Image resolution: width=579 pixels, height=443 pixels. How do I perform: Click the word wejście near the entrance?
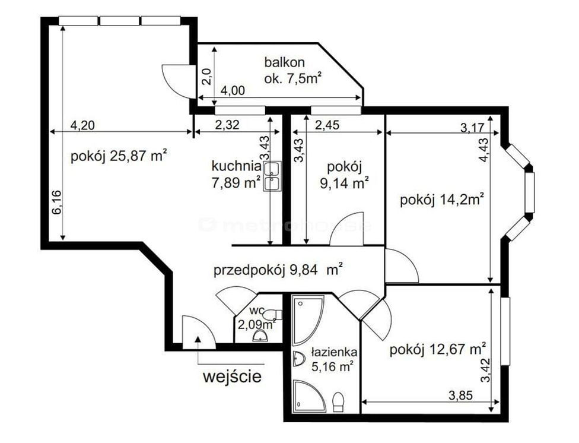[233, 377]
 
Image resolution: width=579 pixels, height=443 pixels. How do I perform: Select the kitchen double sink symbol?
[272, 176]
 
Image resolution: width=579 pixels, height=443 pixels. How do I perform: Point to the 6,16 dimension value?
[57, 202]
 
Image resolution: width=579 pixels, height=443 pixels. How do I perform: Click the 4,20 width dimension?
[82, 125]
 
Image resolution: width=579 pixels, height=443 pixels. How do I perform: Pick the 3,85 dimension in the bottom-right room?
[460, 395]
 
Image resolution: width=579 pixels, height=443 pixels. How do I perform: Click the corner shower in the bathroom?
[310, 396]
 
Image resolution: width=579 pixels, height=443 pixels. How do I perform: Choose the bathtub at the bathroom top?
[308, 320]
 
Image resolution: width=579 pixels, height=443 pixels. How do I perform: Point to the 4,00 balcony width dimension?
[233, 90]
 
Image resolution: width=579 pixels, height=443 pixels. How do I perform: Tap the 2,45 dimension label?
[327, 125]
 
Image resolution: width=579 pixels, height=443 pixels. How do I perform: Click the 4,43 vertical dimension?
[484, 150]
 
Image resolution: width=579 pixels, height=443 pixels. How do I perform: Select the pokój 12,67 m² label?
[438, 349]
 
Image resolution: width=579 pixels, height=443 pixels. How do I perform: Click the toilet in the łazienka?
[338, 403]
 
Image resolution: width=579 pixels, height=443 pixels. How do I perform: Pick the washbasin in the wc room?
[260, 336]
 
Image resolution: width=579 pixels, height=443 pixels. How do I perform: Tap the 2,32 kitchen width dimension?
[227, 125]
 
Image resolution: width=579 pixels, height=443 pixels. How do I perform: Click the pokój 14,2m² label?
[442, 200]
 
